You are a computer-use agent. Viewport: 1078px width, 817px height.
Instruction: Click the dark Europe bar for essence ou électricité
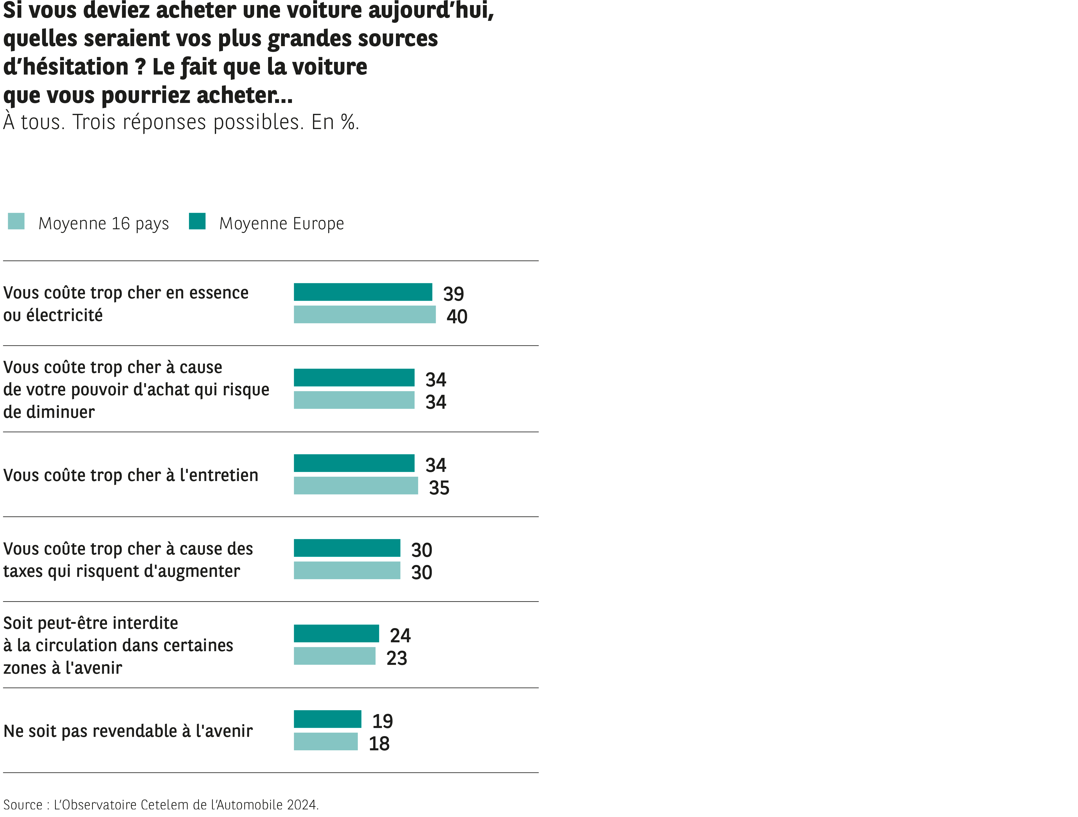[362, 292]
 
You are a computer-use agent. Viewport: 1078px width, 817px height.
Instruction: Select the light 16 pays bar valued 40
[364, 314]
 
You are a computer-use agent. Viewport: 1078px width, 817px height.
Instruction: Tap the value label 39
[453, 294]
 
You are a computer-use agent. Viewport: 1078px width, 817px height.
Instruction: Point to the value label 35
[439, 488]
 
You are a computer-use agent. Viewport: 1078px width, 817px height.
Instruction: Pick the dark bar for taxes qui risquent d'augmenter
[347, 548]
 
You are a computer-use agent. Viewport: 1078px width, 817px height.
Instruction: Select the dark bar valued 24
[336, 633]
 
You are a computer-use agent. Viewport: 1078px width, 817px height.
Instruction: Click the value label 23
[397, 658]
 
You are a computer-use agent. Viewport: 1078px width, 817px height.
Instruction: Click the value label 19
[382, 721]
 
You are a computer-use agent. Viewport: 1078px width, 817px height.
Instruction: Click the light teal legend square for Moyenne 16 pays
[16, 221]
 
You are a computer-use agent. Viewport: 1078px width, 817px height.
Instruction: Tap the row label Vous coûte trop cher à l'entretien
[131, 475]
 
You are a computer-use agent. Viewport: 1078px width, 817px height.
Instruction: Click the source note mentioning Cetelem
[161, 804]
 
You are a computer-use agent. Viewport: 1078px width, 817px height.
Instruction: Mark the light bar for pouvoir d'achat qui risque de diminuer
[354, 400]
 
